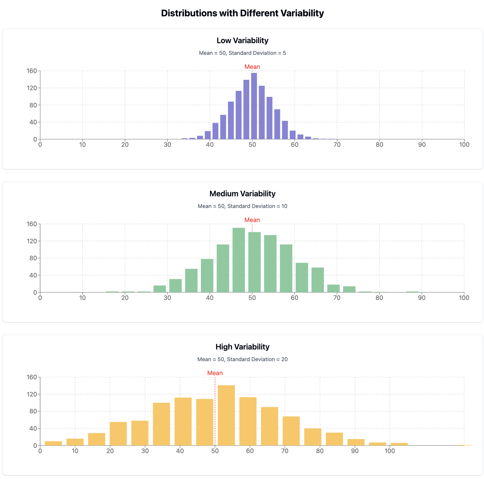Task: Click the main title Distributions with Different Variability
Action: point(242,13)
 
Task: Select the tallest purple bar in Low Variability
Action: point(254,106)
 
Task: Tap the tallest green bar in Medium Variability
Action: point(238,260)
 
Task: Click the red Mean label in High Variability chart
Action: point(215,373)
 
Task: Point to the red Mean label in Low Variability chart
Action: point(252,67)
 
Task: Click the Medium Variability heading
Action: point(242,194)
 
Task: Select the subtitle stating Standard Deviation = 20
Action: point(242,359)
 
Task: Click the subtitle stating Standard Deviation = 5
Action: point(242,53)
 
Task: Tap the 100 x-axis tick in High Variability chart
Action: point(389,451)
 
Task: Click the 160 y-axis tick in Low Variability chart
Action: point(32,71)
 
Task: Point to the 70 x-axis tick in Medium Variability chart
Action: point(337,298)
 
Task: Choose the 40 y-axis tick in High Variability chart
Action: point(33,429)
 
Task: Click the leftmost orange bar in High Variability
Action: point(53,443)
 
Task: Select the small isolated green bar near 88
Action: point(412,292)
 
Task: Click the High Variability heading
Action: point(242,347)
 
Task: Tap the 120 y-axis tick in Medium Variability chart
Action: point(32,241)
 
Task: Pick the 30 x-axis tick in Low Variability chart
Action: point(167,145)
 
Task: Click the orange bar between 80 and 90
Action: point(334,439)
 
